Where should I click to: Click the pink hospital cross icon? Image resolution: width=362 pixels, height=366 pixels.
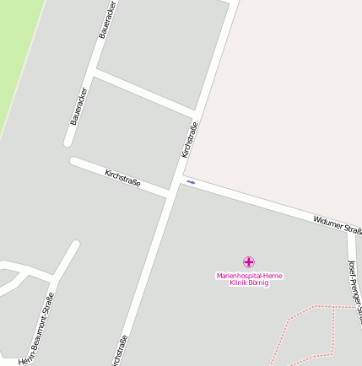(x=248, y=262)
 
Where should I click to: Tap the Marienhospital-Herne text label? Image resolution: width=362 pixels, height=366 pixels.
(x=250, y=276)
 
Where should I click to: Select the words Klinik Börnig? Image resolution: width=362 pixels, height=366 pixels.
(x=250, y=283)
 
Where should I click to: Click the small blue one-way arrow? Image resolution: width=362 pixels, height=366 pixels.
(x=191, y=182)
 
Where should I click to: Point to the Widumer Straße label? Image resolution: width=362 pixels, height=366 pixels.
(x=337, y=225)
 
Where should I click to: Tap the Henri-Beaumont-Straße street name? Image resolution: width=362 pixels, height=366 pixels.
(x=37, y=329)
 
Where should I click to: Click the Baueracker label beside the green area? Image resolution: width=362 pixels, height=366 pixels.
(x=78, y=106)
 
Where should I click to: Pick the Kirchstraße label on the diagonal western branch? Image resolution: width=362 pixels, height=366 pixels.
(x=122, y=178)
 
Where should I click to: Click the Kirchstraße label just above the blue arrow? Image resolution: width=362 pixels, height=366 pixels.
(x=190, y=140)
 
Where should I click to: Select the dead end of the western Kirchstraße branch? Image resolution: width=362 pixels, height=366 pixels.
(x=74, y=161)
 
